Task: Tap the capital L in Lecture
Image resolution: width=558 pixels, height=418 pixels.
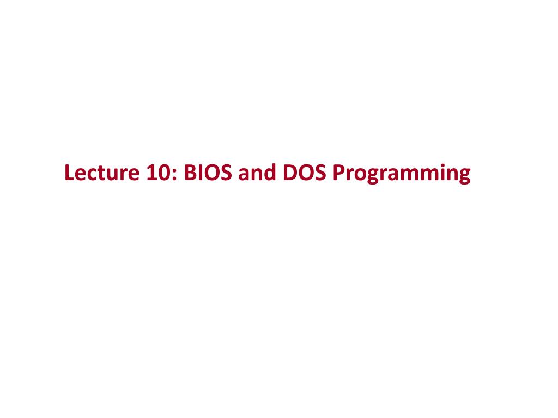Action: pyautogui.click(x=69, y=174)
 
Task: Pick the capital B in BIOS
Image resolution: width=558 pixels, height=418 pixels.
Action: pyautogui.click(x=190, y=174)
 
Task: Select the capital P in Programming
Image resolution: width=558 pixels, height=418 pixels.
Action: pyautogui.click(x=338, y=174)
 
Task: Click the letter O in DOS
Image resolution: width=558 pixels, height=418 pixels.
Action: pyautogui.click(x=304, y=174)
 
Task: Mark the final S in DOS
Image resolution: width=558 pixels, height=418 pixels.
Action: pyautogui.click(x=318, y=174)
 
